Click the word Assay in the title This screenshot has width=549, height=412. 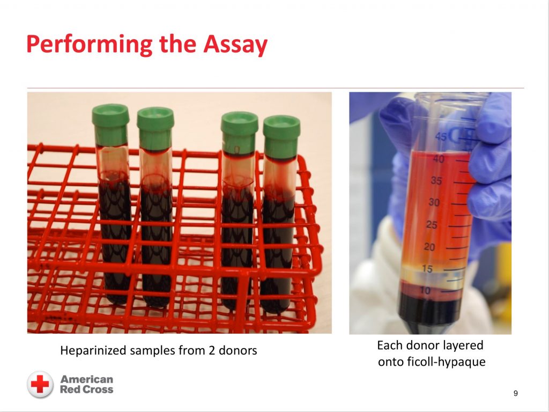[x=235, y=45]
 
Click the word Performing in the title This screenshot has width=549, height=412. [x=90, y=45]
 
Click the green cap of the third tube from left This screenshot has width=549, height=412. [x=240, y=132]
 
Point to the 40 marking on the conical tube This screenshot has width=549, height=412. [x=439, y=159]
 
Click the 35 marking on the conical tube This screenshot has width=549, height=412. [x=436, y=181]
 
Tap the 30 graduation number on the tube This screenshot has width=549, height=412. [x=434, y=202]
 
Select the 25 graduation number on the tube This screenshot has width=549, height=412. [x=432, y=225]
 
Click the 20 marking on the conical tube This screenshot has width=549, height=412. [x=429, y=247]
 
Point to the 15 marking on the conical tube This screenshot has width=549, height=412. [x=427, y=269]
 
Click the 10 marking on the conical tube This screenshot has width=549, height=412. [x=425, y=290]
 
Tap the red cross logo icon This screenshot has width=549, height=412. [x=40, y=384]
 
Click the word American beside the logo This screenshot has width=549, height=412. [x=87, y=379]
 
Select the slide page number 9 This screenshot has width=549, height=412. [x=515, y=393]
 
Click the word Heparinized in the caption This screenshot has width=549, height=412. [x=93, y=350]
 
